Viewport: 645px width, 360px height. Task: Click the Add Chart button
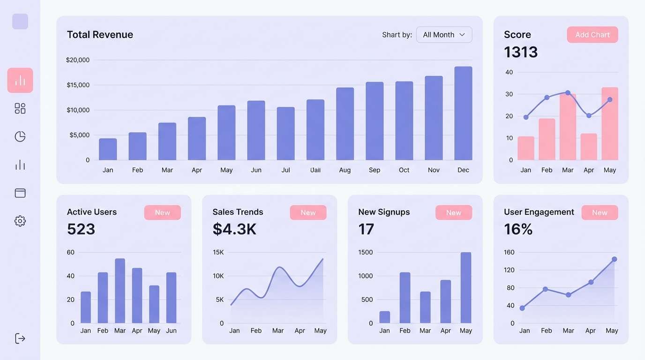592,35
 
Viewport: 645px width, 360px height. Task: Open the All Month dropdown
444,35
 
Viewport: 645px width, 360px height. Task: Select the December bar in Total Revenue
463,113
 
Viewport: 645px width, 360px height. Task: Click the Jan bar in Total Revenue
108,150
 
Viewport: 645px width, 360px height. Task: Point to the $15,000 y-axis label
78,85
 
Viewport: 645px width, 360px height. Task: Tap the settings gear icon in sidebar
20,221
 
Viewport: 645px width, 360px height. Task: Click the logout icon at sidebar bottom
20,338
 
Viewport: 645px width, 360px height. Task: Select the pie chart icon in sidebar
20,136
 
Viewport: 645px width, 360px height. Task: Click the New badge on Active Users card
162,212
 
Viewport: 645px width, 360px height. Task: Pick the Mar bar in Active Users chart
120,291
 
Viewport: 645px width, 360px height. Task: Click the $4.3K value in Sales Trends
234,229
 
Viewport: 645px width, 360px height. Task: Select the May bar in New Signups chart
466,287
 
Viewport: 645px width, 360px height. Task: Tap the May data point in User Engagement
614,259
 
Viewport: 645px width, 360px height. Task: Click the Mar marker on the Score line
568,93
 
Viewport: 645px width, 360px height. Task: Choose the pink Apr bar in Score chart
589,147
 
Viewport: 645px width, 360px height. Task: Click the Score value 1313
521,52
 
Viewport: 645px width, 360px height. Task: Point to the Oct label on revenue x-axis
404,170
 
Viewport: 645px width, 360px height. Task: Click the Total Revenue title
100,35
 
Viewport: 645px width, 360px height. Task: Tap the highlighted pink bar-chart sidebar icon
20,80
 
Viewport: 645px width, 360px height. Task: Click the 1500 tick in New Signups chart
365,252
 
